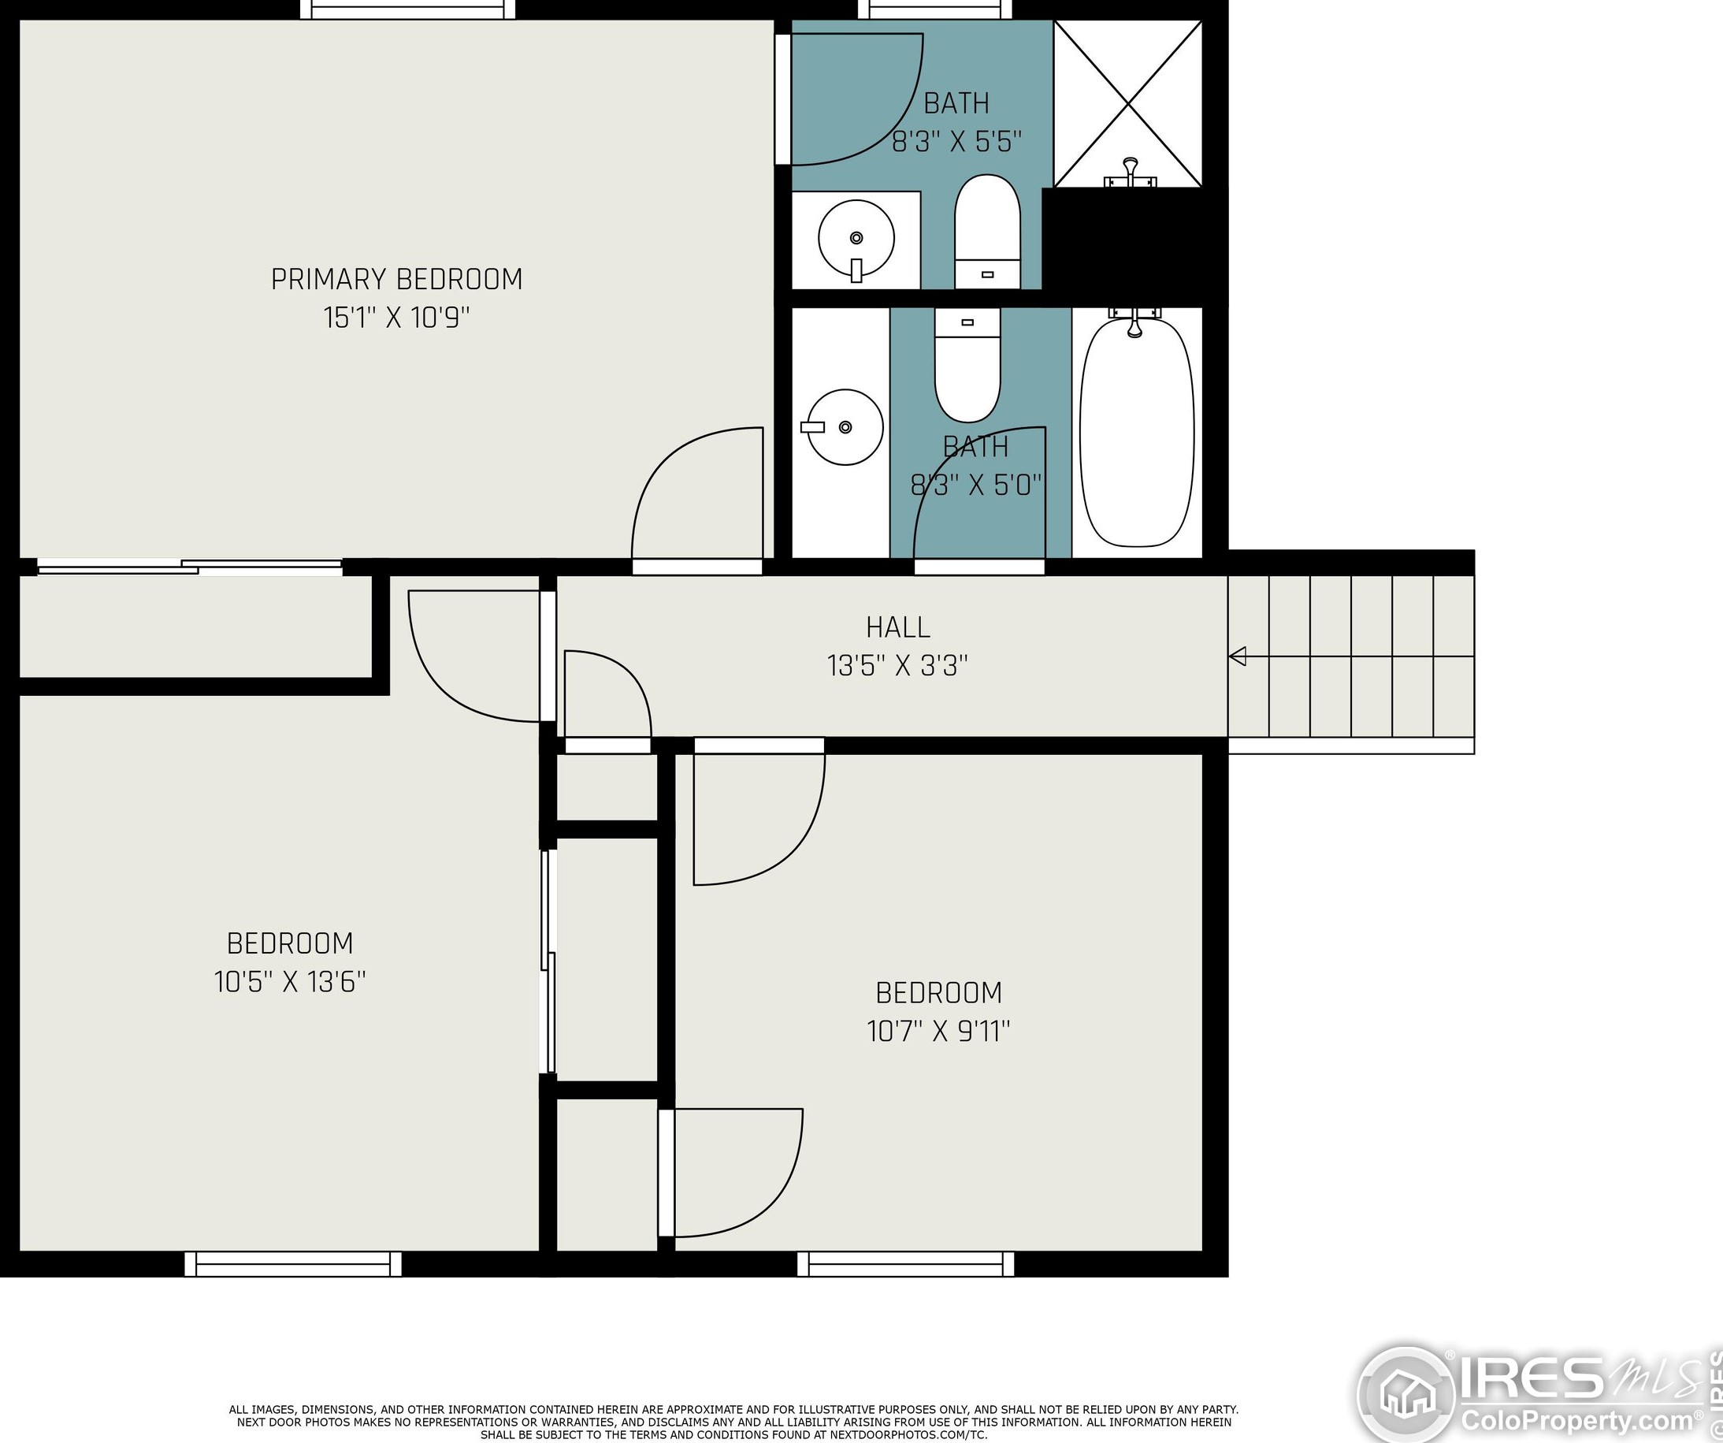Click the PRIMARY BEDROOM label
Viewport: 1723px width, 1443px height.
[x=396, y=279]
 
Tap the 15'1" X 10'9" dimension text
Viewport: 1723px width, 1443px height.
[x=396, y=318]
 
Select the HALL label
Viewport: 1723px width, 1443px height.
[x=897, y=627]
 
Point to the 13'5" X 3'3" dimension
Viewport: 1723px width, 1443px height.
[x=897, y=666]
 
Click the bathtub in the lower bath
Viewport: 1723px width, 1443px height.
[x=1136, y=432]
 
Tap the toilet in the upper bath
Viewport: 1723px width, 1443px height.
[x=987, y=232]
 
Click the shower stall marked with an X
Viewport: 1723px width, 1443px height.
[x=1128, y=104]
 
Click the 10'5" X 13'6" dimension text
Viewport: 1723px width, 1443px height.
[x=290, y=982]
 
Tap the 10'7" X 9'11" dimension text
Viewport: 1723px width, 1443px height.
[x=938, y=1031]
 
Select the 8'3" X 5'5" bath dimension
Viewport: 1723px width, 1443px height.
[x=956, y=142]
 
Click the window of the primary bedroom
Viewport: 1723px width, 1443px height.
[x=408, y=9]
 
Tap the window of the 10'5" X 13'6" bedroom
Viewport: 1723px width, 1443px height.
[x=293, y=1264]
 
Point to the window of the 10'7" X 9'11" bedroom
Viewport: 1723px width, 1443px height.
[x=906, y=1264]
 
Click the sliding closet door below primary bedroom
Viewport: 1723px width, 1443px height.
[x=190, y=567]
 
